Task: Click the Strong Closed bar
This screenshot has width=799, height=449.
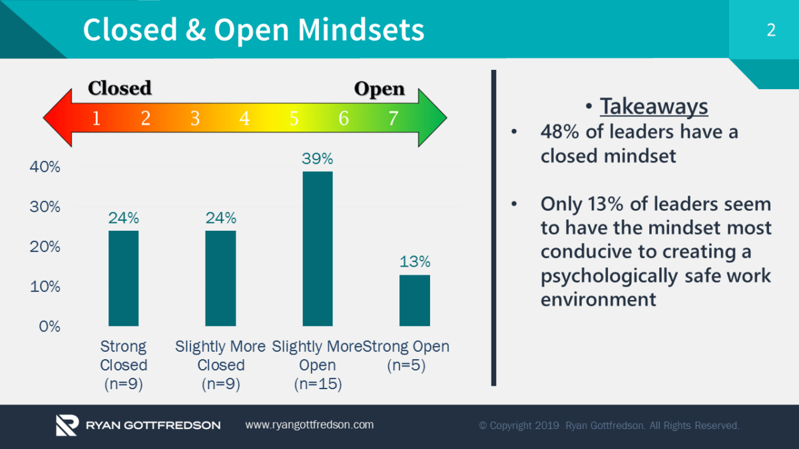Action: point(123,278)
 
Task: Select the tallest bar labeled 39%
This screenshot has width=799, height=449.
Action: point(318,249)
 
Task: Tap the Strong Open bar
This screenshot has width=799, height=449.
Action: point(415,300)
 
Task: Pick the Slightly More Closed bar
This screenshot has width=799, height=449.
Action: point(220,278)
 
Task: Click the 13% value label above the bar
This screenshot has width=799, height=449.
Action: point(415,261)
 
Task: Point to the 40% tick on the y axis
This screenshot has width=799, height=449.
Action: point(45,167)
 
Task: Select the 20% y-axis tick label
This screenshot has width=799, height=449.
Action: point(45,247)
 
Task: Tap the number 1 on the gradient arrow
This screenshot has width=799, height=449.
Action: point(97,119)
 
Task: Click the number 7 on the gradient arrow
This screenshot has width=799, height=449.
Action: point(393,119)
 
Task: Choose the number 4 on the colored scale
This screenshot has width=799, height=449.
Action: point(244,119)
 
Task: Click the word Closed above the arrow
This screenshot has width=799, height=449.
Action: point(120,88)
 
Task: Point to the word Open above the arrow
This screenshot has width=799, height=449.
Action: point(379,89)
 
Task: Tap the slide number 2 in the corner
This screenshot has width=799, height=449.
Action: point(771,30)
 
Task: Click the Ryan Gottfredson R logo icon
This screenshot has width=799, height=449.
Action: point(67,425)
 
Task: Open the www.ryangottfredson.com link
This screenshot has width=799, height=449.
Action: point(310,424)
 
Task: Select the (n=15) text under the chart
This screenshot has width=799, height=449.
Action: point(318,384)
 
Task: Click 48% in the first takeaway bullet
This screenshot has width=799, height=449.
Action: point(560,132)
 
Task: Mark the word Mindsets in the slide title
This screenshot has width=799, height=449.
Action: point(361,30)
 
